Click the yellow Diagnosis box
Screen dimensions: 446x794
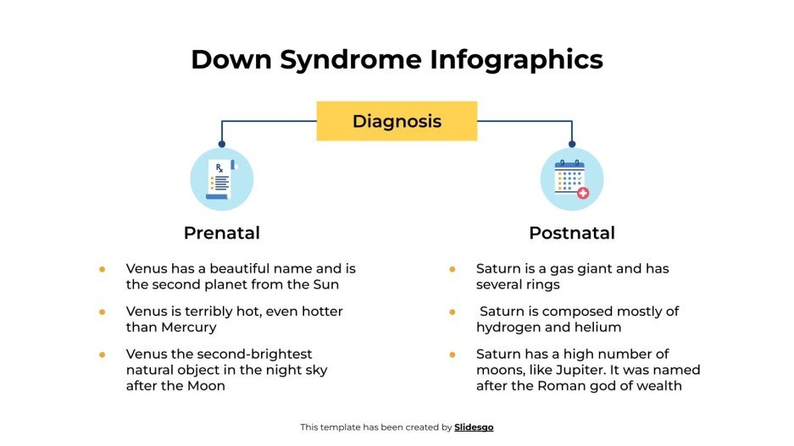(397, 121)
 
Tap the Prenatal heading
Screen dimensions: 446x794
(221, 233)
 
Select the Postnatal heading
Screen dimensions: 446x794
(571, 233)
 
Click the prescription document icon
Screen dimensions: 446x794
(221, 179)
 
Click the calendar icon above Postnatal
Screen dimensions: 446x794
(570, 179)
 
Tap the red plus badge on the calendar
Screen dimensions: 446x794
(583, 194)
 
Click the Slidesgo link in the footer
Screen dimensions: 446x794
(474, 427)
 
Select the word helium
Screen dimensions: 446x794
(597, 327)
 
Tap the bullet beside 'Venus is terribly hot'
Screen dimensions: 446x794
(102, 311)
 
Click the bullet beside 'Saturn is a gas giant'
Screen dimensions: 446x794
(452, 269)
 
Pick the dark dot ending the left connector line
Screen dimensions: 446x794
(222, 144)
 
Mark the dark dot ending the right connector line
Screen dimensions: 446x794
(571, 144)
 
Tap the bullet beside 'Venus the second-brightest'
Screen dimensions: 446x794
(102, 354)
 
